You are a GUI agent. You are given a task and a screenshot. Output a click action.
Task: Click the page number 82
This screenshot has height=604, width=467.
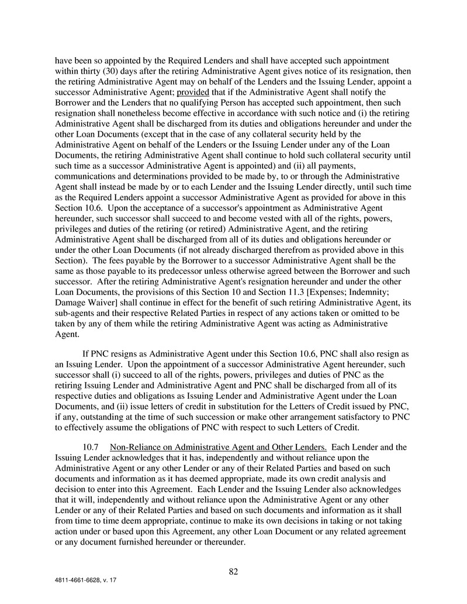click(233, 571)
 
